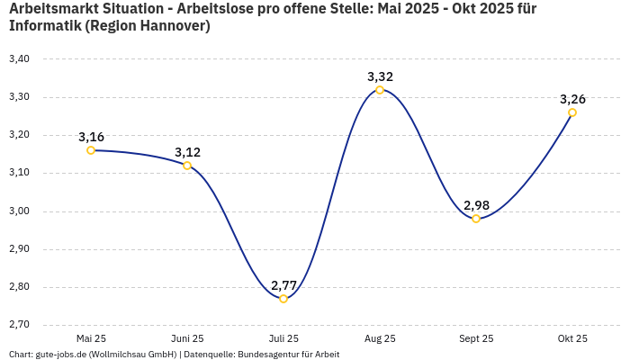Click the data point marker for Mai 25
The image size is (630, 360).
[x=91, y=150]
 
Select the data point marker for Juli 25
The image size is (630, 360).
[x=283, y=299]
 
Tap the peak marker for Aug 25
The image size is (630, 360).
[x=380, y=90]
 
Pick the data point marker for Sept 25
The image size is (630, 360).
[x=476, y=219]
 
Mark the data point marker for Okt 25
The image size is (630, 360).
[x=572, y=112]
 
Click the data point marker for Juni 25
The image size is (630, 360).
[x=187, y=166]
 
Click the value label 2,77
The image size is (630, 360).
[x=283, y=285]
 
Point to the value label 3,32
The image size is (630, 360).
[x=380, y=76]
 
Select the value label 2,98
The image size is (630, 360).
[x=476, y=205]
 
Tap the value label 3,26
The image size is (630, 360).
[x=572, y=99]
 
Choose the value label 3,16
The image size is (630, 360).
[x=91, y=137]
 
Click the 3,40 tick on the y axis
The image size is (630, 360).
[x=19, y=59]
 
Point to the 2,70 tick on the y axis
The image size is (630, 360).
[x=19, y=325]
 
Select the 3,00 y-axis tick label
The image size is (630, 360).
[x=19, y=211]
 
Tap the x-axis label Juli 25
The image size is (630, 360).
[x=283, y=338]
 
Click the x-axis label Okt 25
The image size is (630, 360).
[x=572, y=338]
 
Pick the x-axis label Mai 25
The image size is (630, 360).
[x=91, y=338]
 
